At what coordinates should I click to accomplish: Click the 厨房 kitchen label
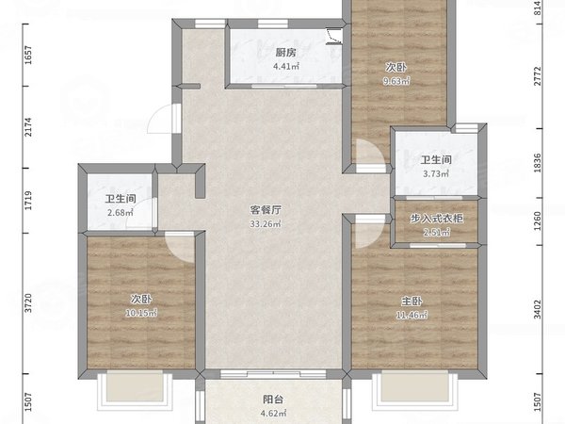point(286,53)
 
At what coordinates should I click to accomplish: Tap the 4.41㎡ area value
point(286,66)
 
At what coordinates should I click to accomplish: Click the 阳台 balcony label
point(271,399)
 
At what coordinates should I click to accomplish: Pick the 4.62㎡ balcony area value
point(271,412)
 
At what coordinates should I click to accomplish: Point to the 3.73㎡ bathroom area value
point(434,173)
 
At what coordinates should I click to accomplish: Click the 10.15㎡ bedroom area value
point(143,313)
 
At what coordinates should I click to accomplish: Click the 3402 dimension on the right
point(538,307)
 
